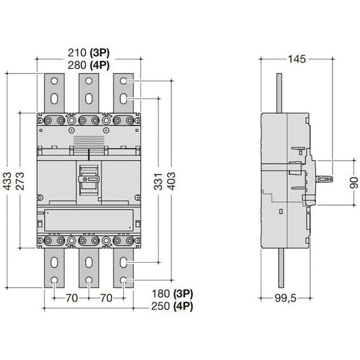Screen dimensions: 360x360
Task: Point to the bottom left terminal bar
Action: [54, 270]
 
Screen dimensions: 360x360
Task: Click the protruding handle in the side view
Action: [326, 179]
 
